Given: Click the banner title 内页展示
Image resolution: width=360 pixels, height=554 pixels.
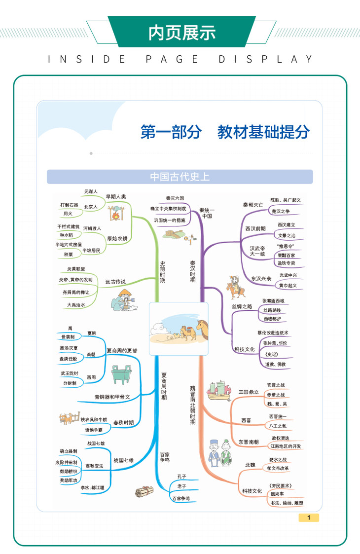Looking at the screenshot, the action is (x=182, y=33).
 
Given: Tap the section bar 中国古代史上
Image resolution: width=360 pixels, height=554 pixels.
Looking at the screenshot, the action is (x=180, y=177).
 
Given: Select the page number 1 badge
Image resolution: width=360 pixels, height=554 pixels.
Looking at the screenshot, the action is (x=309, y=517).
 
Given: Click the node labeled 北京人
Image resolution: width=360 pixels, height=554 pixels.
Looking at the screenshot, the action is (x=91, y=206).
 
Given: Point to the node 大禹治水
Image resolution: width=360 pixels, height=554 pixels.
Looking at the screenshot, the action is (x=76, y=305).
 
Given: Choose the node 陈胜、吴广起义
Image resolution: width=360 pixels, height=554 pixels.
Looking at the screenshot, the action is (x=286, y=200).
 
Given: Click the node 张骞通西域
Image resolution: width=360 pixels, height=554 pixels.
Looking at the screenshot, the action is (x=273, y=300).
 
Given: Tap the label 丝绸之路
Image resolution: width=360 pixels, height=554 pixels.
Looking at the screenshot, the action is (x=242, y=306).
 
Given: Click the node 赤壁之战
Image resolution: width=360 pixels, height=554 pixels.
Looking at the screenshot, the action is (x=276, y=395).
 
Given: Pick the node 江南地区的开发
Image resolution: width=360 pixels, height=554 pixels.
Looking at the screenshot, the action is (x=286, y=446).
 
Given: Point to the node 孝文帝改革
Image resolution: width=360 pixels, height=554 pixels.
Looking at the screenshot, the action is (x=278, y=468).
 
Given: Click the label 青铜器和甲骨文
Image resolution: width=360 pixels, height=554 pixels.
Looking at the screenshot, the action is (x=112, y=397).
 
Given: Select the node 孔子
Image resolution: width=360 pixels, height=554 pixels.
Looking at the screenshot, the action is (x=182, y=476).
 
